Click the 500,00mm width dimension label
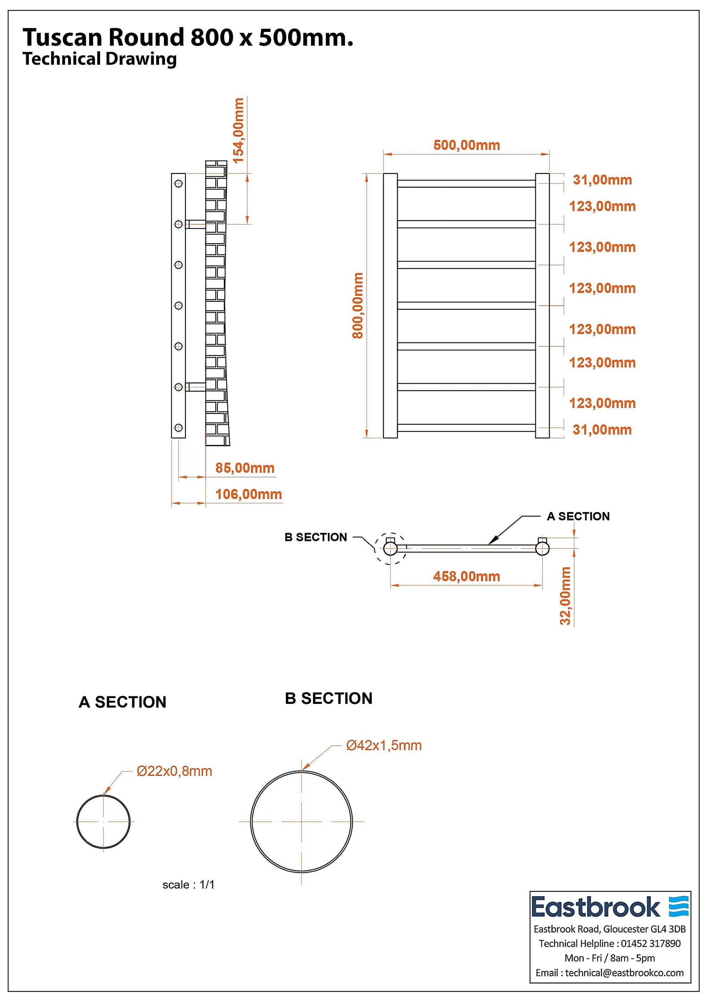click(x=466, y=145)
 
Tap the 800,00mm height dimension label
click(x=358, y=305)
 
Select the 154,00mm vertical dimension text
click(x=239, y=131)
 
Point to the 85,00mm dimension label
click(x=245, y=468)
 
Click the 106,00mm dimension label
click(x=248, y=495)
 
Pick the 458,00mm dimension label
click(x=466, y=576)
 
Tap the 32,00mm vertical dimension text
click(x=565, y=596)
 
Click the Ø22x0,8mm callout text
click(x=174, y=771)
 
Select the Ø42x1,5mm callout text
click(x=384, y=745)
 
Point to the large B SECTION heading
click(x=329, y=698)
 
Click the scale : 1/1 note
click(x=188, y=885)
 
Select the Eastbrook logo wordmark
click(x=596, y=907)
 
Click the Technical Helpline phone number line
click(x=609, y=944)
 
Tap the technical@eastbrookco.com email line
click(x=609, y=973)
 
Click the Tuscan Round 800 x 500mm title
click(x=188, y=37)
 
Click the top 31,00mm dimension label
click(x=602, y=180)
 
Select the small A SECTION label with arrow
click(x=578, y=516)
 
